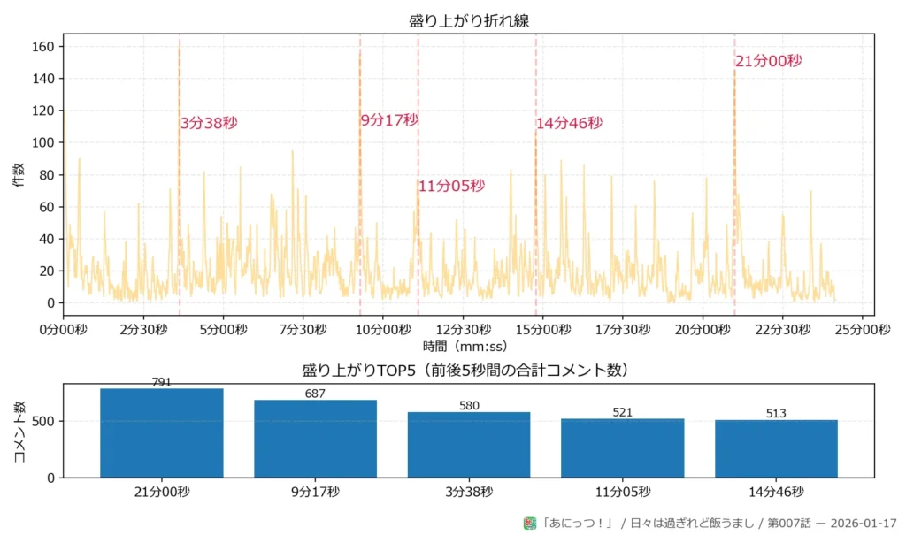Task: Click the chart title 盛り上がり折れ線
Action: pos(469,20)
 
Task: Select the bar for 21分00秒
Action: pos(162,433)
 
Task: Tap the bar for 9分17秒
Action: pos(315,439)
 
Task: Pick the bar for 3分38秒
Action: pos(469,445)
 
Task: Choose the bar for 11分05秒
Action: pos(622,447)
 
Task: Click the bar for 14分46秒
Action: pos(776,448)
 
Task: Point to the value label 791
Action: pos(162,382)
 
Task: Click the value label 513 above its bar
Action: pos(776,413)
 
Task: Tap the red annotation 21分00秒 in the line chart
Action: pos(768,61)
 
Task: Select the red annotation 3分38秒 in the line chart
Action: pos(209,124)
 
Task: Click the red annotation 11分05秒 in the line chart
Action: pos(451,186)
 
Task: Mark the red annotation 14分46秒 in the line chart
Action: pos(569,124)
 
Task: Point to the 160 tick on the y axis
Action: pos(44,46)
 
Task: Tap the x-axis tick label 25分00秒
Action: pos(863,330)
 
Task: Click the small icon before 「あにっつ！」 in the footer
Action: pos(530,524)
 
